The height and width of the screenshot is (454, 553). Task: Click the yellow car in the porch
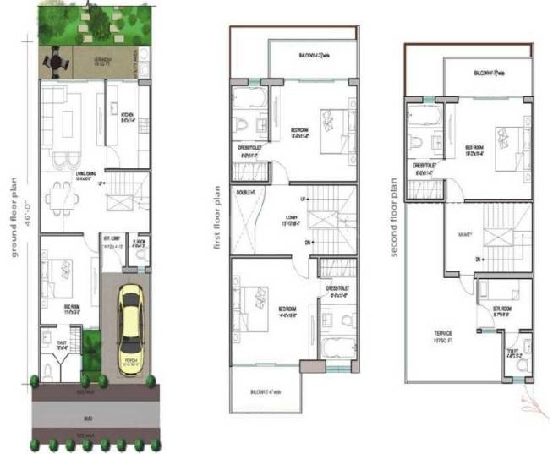131,324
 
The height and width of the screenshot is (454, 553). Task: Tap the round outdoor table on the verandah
57,62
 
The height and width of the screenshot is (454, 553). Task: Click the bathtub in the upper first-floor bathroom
248,99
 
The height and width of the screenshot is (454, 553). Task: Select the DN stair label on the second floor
479,258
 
